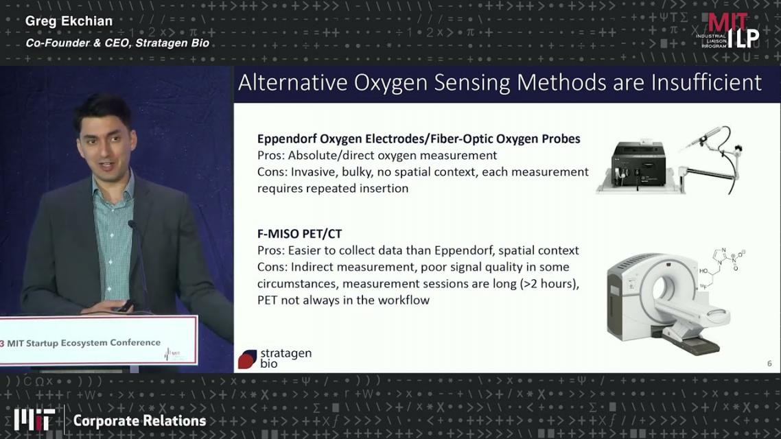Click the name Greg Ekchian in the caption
point(69,21)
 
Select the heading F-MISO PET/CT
point(299,233)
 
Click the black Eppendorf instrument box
point(640,164)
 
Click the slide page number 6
point(769,364)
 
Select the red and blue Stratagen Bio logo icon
point(247,359)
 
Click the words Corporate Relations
point(139,421)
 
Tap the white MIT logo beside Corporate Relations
point(34,420)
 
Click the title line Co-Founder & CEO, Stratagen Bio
point(117,43)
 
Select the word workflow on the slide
point(404,300)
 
